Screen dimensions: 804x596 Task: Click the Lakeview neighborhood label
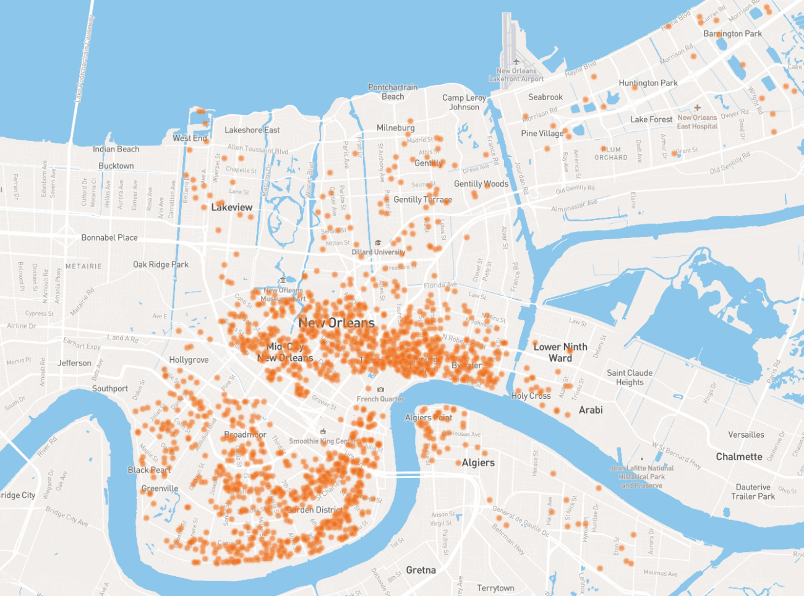coord(232,207)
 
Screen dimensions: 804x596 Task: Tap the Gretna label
coord(421,570)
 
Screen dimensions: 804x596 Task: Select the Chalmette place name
coord(738,456)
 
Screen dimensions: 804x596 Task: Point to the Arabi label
coord(591,410)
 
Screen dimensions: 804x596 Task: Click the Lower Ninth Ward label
coord(560,352)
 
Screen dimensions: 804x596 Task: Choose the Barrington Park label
coord(732,33)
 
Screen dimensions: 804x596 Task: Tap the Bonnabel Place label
coord(109,237)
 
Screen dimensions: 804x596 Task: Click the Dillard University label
coord(378,252)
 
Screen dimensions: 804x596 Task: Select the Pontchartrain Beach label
coord(393,92)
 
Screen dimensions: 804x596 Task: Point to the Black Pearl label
coord(149,470)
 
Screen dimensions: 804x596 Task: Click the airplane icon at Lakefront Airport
coord(516,61)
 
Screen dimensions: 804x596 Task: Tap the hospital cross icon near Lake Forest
coord(697,108)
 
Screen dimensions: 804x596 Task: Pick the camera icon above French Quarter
coord(380,390)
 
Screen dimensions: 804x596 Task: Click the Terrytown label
coord(495,588)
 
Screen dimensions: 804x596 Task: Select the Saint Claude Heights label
coord(630,377)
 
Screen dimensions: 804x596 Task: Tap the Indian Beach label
coord(116,149)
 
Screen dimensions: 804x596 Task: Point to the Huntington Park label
coord(648,83)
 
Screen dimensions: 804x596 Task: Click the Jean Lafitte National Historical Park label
coord(642,477)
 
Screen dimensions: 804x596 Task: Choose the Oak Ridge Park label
coord(161,264)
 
